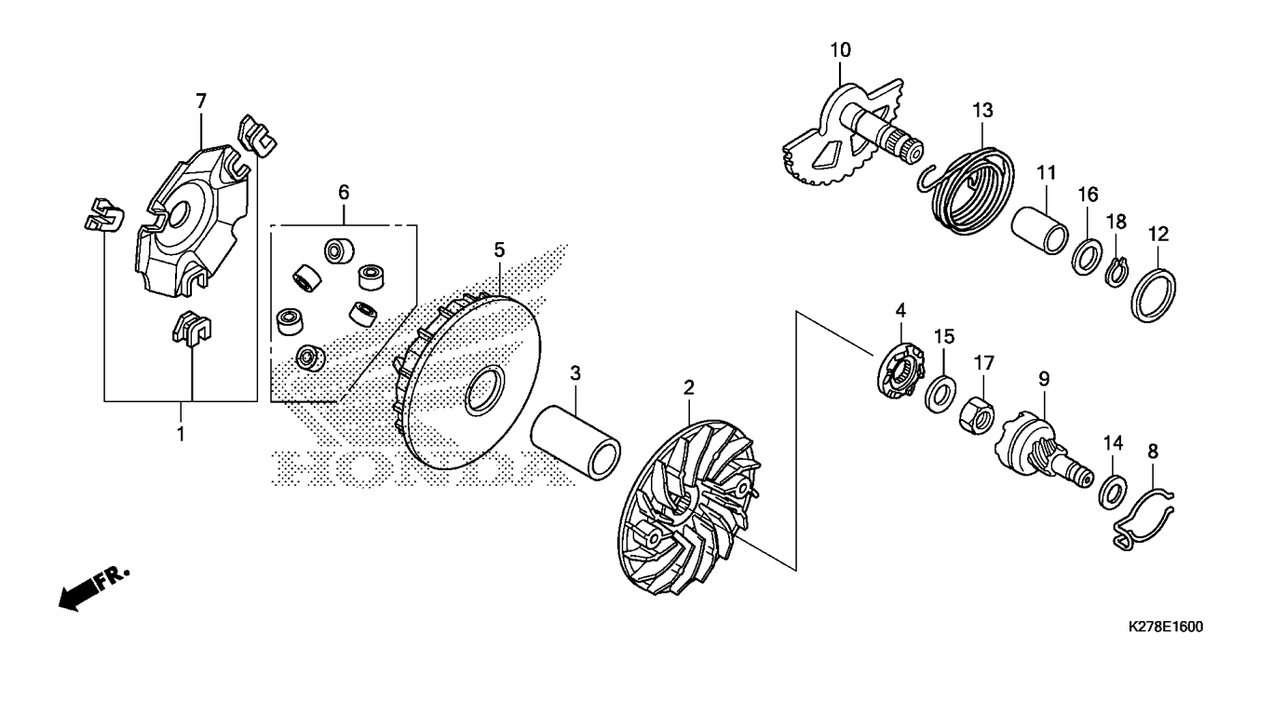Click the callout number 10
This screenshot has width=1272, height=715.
(841, 50)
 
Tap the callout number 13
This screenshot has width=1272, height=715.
(983, 110)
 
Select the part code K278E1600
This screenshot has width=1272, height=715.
(1165, 627)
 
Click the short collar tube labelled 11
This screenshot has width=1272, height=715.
(1039, 230)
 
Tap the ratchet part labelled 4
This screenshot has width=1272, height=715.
(901, 371)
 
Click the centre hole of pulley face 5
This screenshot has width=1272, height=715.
(485, 388)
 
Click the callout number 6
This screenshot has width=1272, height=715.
(344, 193)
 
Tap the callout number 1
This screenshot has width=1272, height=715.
(181, 435)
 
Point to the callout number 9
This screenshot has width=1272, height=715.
(1044, 379)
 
